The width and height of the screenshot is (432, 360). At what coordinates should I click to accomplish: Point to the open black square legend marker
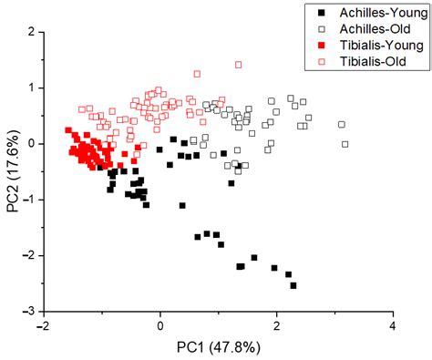pos(319,29)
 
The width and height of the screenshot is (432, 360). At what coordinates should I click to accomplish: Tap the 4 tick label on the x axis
pos(393,325)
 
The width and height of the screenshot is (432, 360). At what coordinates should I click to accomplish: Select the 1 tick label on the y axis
pos(31,87)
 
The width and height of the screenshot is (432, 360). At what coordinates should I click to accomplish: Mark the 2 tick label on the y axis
pos(31,32)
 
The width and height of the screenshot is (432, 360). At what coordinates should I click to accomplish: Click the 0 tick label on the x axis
pos(161,325)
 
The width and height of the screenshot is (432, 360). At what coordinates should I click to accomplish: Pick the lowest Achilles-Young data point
pos(293,285)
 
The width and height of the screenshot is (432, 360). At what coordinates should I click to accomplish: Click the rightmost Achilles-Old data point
pos(345,143)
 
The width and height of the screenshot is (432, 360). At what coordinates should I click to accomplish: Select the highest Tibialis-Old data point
pos(239,65)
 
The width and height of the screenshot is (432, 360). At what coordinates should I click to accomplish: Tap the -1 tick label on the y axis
pos(28,200)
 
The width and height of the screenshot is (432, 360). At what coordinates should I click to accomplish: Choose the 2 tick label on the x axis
pos(277,325)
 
